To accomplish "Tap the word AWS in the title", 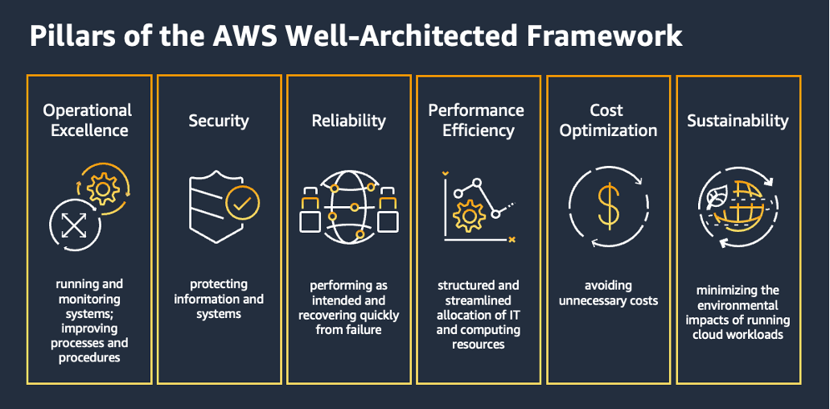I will (x=242, y=36).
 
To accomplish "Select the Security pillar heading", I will (x=219, y=121).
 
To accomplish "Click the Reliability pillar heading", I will (x=349, y=121).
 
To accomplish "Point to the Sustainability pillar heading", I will (x=738, y=121).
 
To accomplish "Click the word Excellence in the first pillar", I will (x=89, y=130).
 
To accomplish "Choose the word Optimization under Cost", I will (x=608, y=130).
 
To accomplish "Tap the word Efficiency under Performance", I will (x=478, y=130).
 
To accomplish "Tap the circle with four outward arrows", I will (x=73, y=225).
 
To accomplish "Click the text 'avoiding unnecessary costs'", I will (x=608, y=293).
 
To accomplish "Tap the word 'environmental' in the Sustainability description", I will (x=738, y=305).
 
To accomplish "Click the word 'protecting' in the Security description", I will (x=219, y=284).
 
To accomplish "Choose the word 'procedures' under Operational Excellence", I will (x=89, y=357).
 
